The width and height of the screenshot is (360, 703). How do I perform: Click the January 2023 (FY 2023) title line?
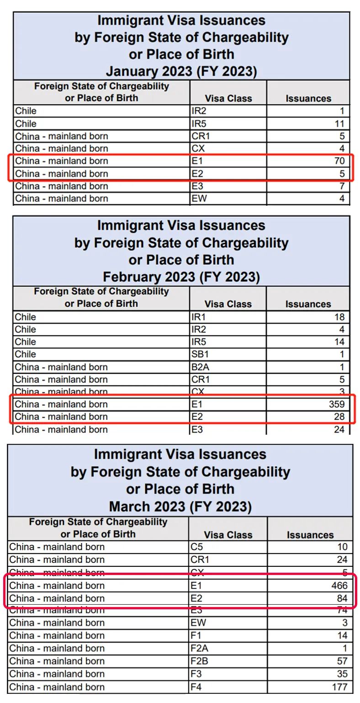point(181,71)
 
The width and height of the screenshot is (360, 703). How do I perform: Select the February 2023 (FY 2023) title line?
point(181,277)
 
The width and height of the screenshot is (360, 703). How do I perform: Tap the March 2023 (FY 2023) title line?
point(180,506)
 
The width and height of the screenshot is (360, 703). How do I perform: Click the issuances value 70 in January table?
point(339,161)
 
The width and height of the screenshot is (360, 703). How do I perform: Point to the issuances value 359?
point(335,404)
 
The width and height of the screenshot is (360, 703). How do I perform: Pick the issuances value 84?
point(341,598)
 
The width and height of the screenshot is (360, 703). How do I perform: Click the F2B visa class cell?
point(200,661)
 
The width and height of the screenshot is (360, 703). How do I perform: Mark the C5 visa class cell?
point(196,547)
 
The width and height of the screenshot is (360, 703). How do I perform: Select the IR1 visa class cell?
point(198,317)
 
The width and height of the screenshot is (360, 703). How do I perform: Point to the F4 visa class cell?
point(196,687)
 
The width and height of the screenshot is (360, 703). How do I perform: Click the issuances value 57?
point(341,661)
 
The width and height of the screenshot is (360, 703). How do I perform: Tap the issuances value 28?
point(339,416)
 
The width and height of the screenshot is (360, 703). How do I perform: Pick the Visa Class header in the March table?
point(228,535)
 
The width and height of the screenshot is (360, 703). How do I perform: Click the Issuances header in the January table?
point(308,98)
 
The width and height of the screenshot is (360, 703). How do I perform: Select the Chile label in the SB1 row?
point(26,354)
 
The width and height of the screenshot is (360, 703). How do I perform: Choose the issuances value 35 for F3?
point(341,674)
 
